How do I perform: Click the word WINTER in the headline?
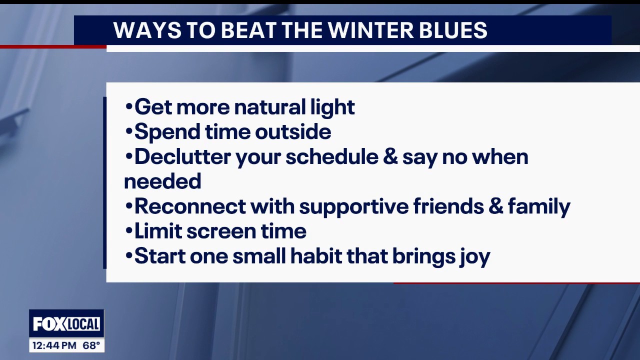coord(370,30)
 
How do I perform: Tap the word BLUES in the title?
coord(453,30)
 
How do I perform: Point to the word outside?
coord(293,131)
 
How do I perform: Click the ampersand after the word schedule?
coord(390,157)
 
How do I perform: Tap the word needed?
coord(162,181)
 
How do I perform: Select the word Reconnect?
coord(190,206)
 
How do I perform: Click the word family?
coord(539,207)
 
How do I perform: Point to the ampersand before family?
coord(495,206)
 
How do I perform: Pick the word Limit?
coord(158,231)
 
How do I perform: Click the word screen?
coord(221,232)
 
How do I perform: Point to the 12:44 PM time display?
coord(54,345)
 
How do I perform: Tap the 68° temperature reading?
coord(91,345)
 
